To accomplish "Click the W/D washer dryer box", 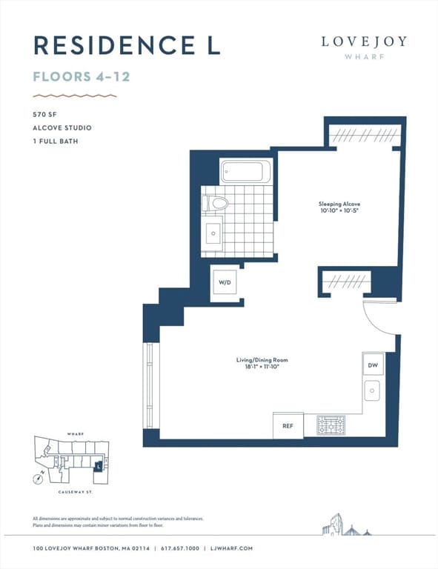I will click(224, 282).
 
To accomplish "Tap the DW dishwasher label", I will click(372, 365).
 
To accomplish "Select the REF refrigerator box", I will click(288, 426).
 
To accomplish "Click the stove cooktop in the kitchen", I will click(331, 425).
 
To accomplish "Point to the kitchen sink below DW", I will click(373, 390).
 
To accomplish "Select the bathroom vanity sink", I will click(213, 233).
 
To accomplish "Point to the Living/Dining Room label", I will click(262, 360).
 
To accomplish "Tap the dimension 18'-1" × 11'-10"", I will click(262, 367).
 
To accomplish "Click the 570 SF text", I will click(46, 114).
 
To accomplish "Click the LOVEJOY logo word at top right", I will click(364, 41).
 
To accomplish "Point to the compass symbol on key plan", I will click(38, 479).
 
